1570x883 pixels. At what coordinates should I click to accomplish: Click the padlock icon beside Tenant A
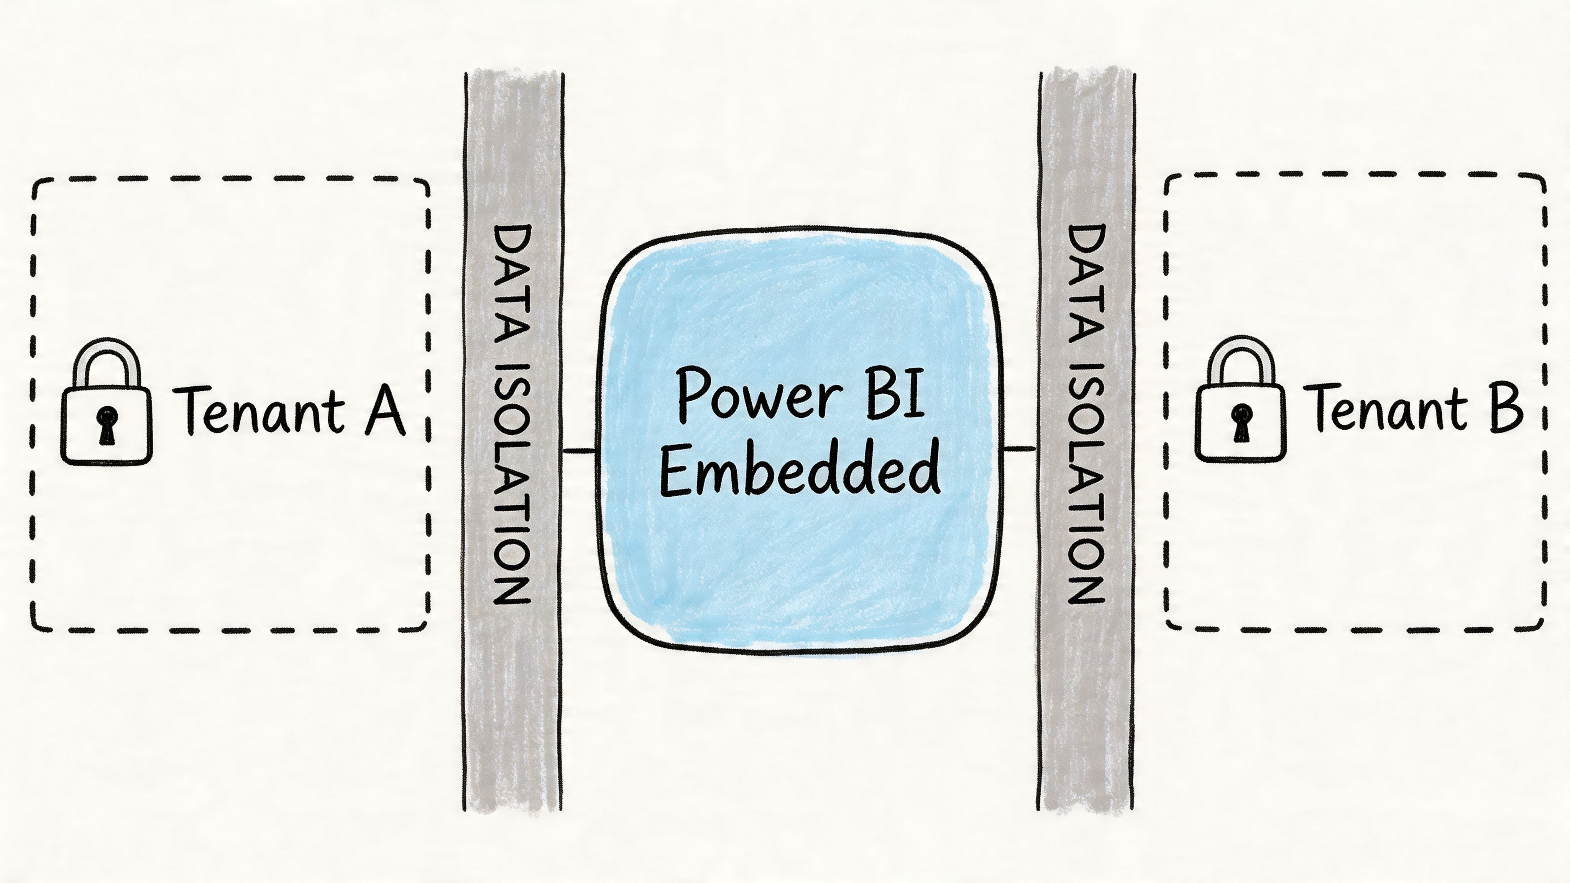click(x=107, y=420)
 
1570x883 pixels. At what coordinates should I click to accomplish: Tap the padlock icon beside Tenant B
click(x=1240, y=420)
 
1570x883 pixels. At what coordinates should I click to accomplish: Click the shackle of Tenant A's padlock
click(x=107, y=359)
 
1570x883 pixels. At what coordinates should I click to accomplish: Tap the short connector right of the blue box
click(x=1019, y=449)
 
